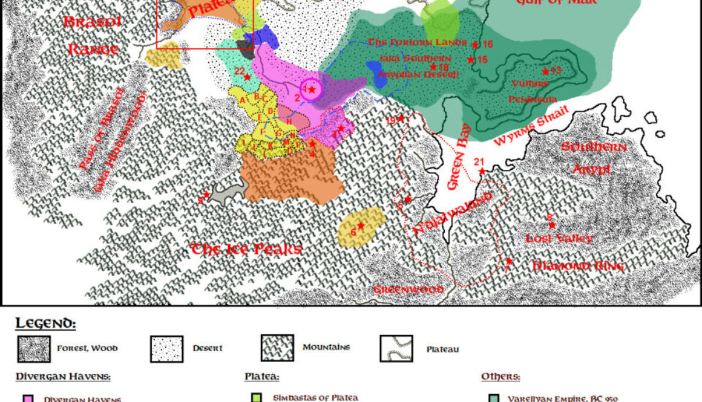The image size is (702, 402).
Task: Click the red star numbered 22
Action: [248, 77]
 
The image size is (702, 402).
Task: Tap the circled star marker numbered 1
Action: [312, 90]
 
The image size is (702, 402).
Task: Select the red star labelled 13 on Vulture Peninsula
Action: [545, 71]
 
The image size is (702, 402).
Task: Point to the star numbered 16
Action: [476, 45]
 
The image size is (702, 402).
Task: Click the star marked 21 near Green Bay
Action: [482, 172]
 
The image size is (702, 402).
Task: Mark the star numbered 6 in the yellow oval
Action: [361, 226]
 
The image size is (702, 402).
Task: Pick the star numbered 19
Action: [401, 118]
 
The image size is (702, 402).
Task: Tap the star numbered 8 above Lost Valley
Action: [552, 225]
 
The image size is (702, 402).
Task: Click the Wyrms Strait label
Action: [532, 126]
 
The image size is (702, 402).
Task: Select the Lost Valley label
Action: [559, 239]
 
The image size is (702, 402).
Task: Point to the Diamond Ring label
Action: [578, 266]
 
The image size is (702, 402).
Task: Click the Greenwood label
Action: [408, 290]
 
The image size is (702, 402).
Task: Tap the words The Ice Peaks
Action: [246, 249]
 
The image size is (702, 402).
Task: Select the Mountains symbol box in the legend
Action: [277, 348]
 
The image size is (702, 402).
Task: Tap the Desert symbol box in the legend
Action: [166, 349]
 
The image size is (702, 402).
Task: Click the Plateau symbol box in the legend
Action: [396, 349]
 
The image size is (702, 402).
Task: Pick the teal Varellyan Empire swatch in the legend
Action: [493, 398]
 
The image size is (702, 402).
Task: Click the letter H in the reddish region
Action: [289, 122]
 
